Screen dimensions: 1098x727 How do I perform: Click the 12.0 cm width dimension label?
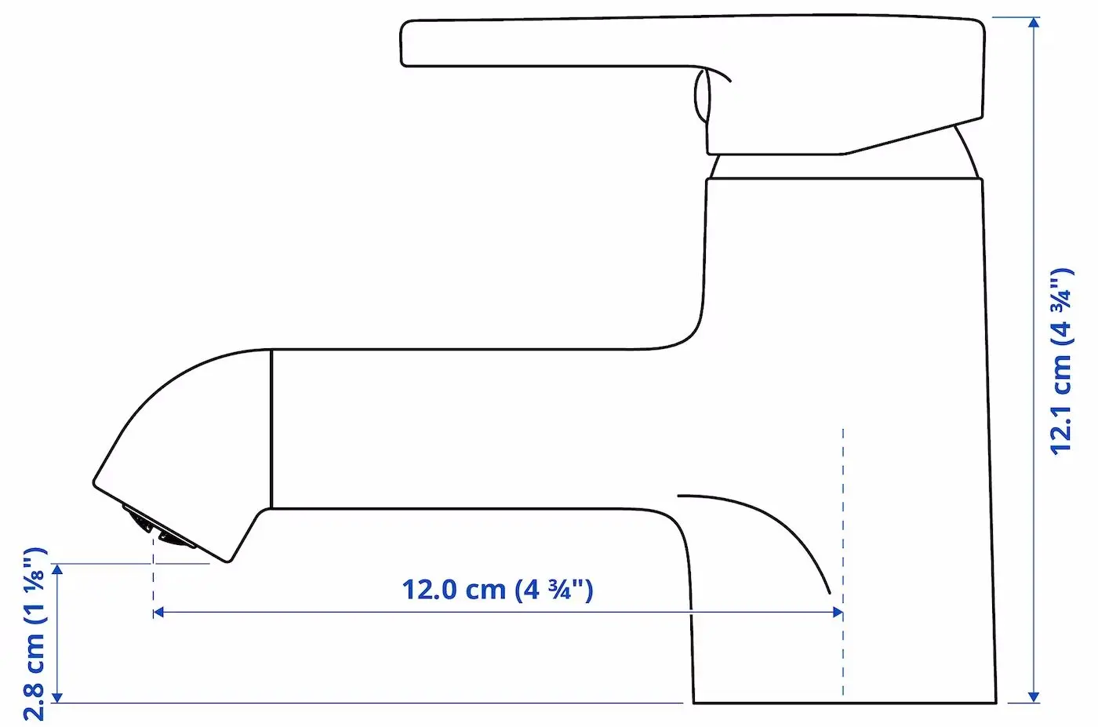[x=497, y=590]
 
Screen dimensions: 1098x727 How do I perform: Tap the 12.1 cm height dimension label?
[x=1062, y=362]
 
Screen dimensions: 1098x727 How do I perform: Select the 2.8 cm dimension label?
[x=35, y=634]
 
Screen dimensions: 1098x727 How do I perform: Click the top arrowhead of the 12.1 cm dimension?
[x=1034, y=23]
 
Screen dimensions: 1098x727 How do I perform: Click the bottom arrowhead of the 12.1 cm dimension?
[x=1034, y=697]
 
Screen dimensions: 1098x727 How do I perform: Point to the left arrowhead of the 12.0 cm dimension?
[x=158, y=612]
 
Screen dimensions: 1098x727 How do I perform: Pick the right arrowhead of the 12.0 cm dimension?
[x=838, y=612]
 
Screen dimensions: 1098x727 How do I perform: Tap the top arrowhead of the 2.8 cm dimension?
[x=57, y=569]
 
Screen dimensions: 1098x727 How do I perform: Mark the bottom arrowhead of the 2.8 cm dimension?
[x=57, y=697]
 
